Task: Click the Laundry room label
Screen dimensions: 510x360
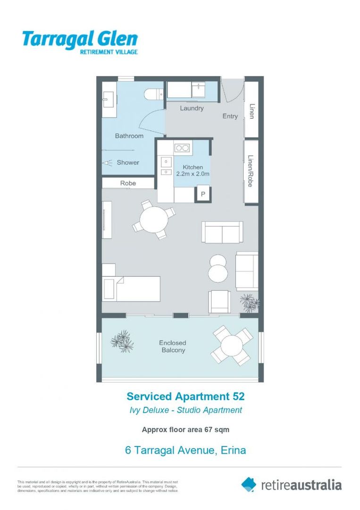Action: [x=192, y=108]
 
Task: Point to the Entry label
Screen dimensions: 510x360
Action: [x=230, y=116]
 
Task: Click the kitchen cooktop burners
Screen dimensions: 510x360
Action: [x=182, y=148]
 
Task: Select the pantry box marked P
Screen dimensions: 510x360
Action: [x=203, y=194]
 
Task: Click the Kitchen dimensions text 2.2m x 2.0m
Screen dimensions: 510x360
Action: [x=193, y=174]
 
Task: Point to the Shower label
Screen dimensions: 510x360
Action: [x=128, y=162]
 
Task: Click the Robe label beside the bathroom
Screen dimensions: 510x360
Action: [x=128, y=183]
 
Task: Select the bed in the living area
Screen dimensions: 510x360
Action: [x=132, y=288]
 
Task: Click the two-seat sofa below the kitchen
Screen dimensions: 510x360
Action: [x=222, y=231]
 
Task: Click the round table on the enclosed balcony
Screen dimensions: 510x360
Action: [x=232, y=345]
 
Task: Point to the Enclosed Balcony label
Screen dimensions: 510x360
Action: [x=173, y=346]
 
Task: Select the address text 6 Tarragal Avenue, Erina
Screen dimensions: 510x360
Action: [x=185, y=450]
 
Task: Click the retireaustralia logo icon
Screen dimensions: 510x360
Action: [x=249, y=484]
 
